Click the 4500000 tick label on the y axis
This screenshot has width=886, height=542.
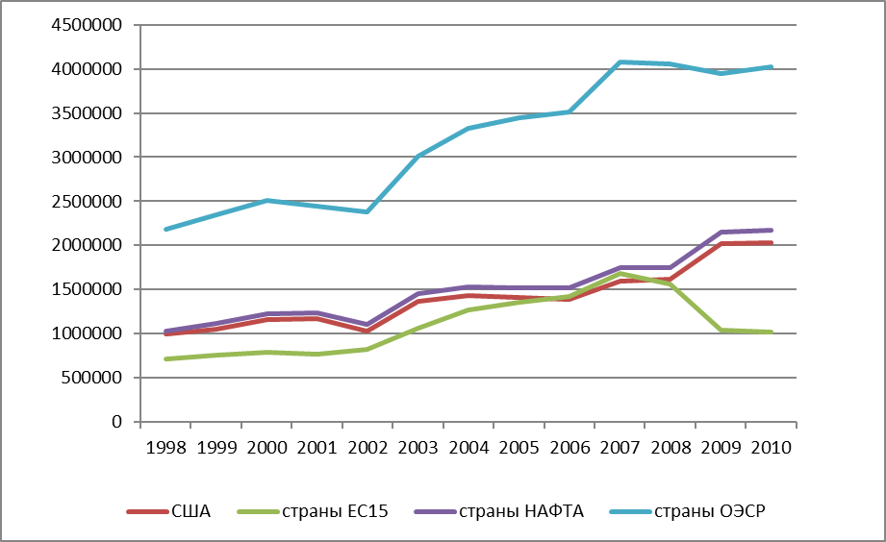87,25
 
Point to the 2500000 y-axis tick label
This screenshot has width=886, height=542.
87,202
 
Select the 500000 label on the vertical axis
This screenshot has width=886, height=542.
91,378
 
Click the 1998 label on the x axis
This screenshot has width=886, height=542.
166,448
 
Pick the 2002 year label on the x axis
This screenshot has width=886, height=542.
367,448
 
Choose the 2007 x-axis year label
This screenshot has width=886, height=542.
620,448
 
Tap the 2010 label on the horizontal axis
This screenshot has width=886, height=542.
772,448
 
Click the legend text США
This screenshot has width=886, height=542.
191,511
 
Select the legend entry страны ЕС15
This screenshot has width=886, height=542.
335,511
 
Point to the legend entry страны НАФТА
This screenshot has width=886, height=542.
521,511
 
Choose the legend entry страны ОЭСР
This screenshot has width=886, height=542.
710,511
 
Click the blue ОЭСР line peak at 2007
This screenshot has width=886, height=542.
620,62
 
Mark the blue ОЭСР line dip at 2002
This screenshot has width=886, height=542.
367,211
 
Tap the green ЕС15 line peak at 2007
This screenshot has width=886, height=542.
620,274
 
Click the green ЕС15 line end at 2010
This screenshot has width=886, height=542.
771,332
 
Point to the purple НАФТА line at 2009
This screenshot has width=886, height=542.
721,232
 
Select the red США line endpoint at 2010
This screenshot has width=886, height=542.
771,243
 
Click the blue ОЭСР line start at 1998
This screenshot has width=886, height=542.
166,230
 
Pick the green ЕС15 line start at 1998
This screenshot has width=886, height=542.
166,359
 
